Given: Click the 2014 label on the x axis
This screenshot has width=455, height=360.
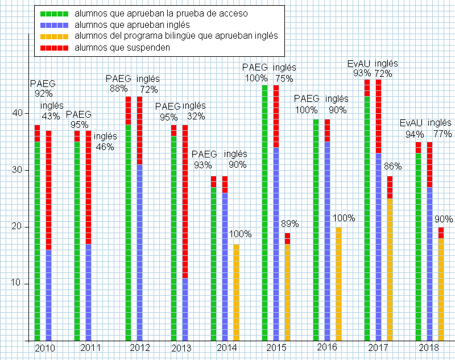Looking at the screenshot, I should (226, 348).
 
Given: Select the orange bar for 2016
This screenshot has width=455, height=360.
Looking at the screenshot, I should (338, 284).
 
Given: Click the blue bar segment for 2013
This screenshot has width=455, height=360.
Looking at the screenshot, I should (185, 309).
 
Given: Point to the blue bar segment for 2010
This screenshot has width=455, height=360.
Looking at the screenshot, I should (48, 295).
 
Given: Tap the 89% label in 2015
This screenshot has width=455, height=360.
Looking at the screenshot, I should (290, 224).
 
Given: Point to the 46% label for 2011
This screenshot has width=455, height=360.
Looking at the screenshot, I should (105, 147).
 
